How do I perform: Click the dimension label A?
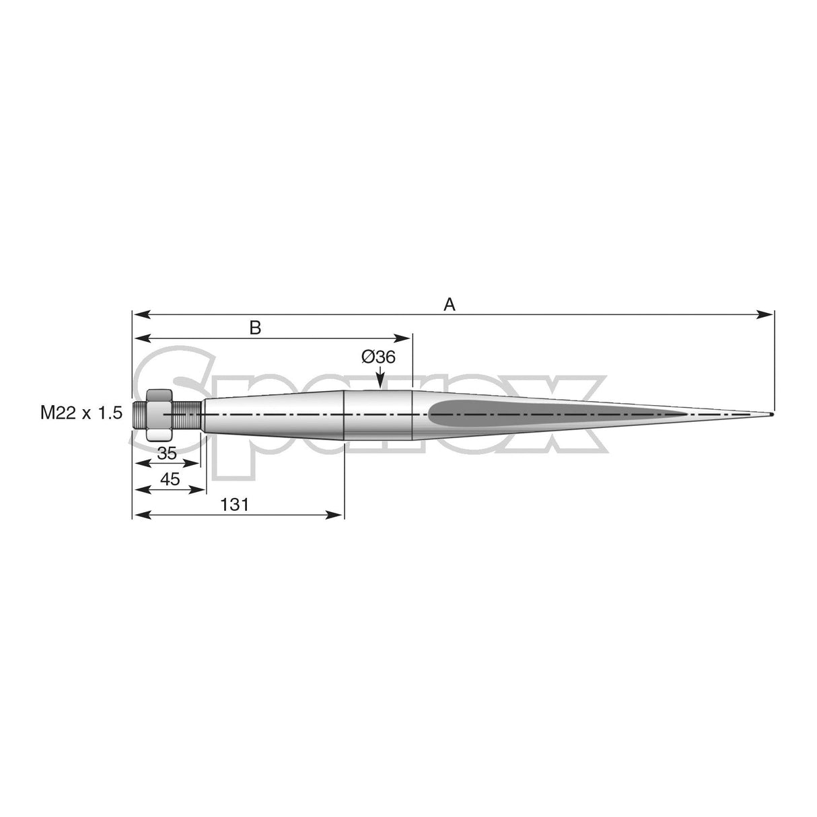(x=450, y=305)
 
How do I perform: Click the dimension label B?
(x=255, y=328)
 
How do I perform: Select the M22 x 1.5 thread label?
(x=81, y=413)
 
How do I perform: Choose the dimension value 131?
(x=234, y=505)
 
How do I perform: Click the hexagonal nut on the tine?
(x=160, y=414)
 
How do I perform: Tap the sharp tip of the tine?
(x=771, y=413)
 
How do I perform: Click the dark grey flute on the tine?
(x=538, y=413)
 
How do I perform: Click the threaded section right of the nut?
(x=188, y=414)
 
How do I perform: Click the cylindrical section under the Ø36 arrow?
(x=378, y=413)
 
